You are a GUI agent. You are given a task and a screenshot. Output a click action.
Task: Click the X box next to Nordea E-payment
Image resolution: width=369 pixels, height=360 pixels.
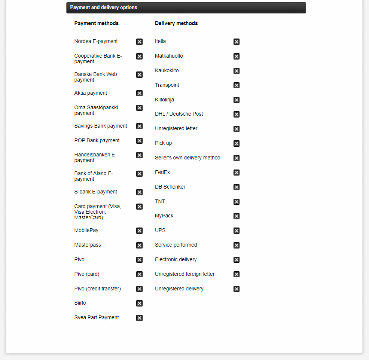click(139, 42)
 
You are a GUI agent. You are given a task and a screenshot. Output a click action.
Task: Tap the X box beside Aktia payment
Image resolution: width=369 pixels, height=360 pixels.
click(139, 93)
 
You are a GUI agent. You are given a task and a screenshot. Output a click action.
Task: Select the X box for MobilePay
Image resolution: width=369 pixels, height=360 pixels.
click(139, 231)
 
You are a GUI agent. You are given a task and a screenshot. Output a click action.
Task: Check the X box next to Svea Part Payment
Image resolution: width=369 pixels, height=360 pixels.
click(139, 318)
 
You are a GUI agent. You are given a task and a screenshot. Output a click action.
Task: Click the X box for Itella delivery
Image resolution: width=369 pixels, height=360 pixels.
click(237, 42)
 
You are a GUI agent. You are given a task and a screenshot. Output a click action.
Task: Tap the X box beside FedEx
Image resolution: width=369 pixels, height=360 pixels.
click(237, 173)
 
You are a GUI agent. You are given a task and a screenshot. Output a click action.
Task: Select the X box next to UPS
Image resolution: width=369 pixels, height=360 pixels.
click(237, 231)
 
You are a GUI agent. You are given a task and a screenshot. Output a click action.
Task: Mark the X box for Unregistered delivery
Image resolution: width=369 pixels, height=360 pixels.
click(237, 289)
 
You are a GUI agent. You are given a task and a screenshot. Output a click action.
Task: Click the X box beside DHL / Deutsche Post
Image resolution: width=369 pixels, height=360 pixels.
click(237, 114)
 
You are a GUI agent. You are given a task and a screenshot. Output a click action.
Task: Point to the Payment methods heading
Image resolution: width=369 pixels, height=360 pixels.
click(96, 23)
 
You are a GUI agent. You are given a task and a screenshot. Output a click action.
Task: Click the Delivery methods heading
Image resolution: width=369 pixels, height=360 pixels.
click(176, 23)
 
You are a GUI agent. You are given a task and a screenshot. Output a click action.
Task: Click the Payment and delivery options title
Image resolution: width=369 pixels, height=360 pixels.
click(104, 7)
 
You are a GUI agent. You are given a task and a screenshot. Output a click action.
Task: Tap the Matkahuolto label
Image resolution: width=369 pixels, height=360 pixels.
click(169, 56)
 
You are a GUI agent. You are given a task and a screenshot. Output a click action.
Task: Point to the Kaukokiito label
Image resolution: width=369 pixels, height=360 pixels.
click(167, 70)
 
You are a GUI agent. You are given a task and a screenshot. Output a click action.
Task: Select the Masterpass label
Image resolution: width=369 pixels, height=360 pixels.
click(88, 245)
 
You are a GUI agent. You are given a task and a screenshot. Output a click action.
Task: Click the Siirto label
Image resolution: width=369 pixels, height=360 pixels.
click(80, 303)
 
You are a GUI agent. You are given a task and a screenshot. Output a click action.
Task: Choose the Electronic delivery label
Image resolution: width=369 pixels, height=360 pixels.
click(176, 259)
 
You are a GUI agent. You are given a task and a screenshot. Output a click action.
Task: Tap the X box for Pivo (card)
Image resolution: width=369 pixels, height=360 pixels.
click(139, 274)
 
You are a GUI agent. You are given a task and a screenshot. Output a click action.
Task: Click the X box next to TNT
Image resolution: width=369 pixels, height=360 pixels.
click(237, 202)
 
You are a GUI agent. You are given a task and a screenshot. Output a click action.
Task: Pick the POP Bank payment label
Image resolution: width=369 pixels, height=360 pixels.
click(97, 140)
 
